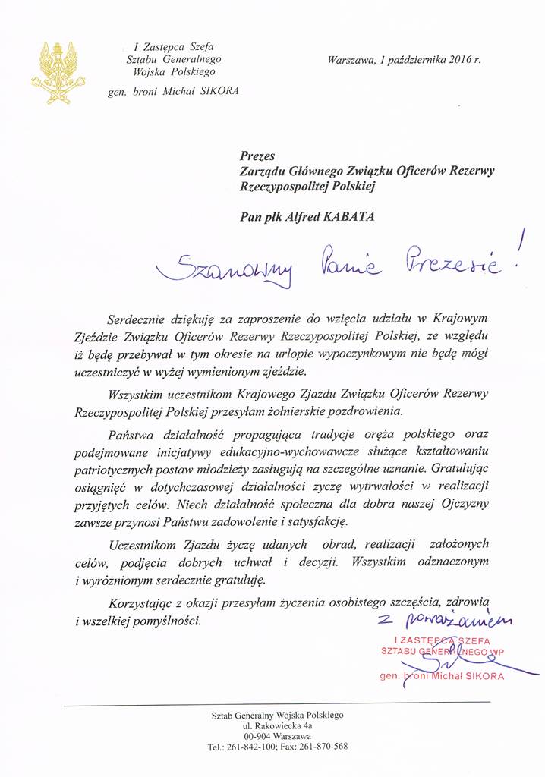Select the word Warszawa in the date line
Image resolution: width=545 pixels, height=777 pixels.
pos(351,59)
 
